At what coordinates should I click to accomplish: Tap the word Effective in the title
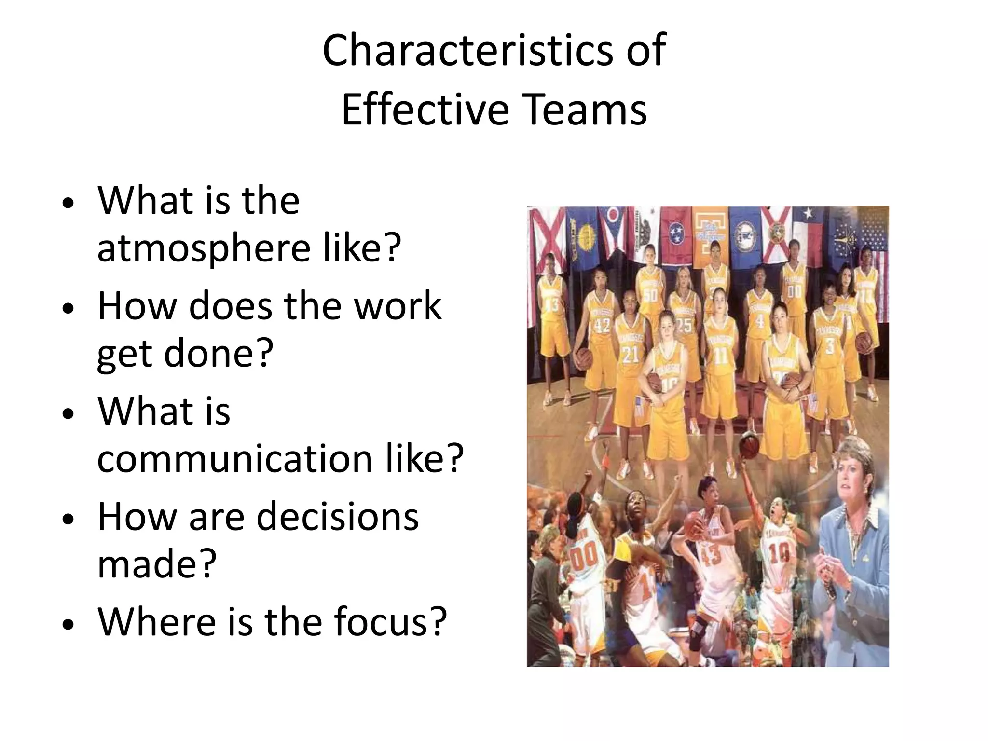pyautogui.click(x=425, y=110)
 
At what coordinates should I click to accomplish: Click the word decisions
pyautogui.click(x=337, y=517)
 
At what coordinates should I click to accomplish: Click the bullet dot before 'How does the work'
pyautogui.click(x=69, y=308)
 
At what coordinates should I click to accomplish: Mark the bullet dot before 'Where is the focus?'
pyautogui.click(x=69, y=624)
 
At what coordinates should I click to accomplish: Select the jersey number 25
pyautogui.click(x=684, y=325)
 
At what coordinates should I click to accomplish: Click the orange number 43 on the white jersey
pyautogui.click(x=710, y=555)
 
